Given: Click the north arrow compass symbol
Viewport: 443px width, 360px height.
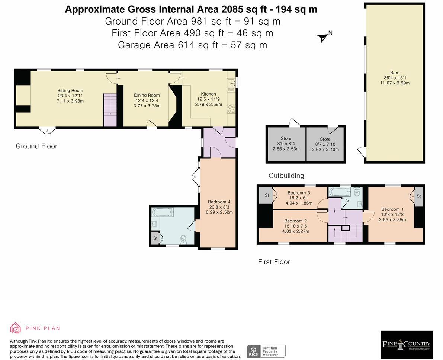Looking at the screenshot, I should click(x=322, y=37).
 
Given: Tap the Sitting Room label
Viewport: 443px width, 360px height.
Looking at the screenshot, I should click(x=70, y=91).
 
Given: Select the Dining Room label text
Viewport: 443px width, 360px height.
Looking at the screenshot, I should click(x=147, y=96).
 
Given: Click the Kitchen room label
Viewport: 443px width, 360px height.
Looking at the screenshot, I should click(x=208, y=94).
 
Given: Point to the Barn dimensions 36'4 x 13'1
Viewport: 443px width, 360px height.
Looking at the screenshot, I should click(x=395, y=78).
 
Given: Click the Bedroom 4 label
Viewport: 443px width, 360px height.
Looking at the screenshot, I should click(x=219, y=202).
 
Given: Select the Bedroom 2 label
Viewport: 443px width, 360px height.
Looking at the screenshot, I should click(x=295, y=221).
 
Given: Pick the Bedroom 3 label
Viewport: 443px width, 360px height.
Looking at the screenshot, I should click(x=299, y=193).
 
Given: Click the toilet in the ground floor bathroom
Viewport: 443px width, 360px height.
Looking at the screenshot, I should click(x=183, y=239).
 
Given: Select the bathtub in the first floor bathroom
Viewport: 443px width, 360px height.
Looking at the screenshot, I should click(x=339, y=192).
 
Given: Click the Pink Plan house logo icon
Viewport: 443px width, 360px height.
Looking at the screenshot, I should click(x=15, y=328).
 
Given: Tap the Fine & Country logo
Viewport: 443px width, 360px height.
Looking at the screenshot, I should click(x=406, y=344).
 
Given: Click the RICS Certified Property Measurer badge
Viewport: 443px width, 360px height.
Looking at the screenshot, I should click(x=266, y=351).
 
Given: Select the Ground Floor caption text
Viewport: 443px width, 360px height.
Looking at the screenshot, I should click(x=36, y=146).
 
